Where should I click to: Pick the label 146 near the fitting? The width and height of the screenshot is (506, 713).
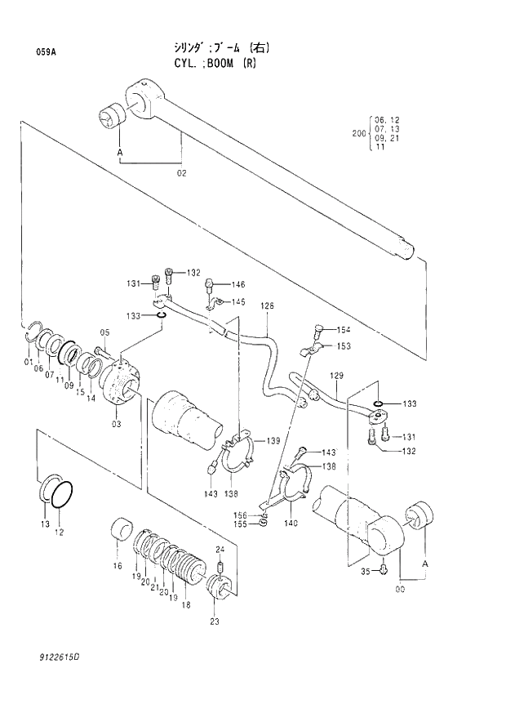(237, 284)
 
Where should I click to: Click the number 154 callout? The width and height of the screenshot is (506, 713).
(344, 329)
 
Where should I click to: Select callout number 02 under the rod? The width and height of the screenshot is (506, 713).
(181, 173)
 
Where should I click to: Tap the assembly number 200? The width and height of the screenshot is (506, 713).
(358, 132)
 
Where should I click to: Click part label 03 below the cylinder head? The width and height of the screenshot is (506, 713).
(117, 424)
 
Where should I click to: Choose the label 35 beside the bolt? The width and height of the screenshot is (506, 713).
(365, 571)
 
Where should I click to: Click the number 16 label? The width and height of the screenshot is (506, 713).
(118, 566)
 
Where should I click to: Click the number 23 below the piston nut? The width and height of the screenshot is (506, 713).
(215, 622)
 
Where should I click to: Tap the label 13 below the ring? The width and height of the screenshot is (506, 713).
(46, 524)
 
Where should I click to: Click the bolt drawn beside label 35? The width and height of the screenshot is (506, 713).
(384, 568)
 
